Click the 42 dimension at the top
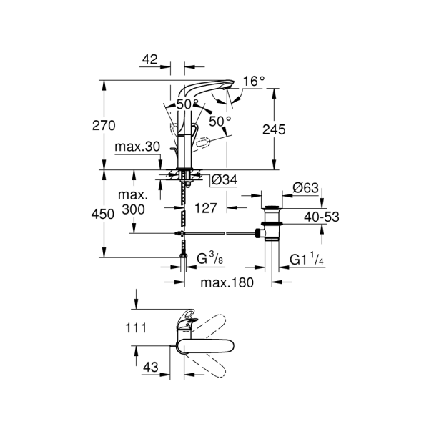click(149, 60)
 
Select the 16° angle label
click(252, 82)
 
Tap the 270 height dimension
click(104, 126)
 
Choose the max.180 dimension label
click(227, 282)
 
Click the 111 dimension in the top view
click(135, 328)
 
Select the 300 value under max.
click(133, 209)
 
